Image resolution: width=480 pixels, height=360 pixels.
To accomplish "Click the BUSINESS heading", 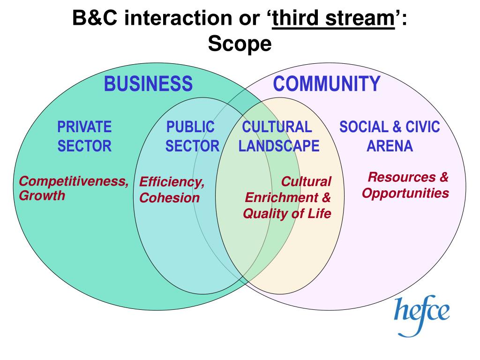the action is coord(148,84).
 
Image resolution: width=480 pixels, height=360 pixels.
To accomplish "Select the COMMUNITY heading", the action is coord(326,84).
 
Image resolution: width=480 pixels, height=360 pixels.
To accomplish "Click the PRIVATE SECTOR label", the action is coord(84,136).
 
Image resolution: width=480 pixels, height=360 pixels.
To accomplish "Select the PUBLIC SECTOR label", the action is coord(192,136).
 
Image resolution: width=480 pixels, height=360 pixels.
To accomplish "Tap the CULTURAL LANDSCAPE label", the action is coord(278,136).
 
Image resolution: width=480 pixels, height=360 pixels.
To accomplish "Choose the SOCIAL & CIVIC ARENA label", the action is coord(390,136).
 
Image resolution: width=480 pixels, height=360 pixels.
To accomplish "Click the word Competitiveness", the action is coord(74,181).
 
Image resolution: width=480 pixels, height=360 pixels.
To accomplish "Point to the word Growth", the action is coord(42,195).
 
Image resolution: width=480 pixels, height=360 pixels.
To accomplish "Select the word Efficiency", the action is coord(172,182).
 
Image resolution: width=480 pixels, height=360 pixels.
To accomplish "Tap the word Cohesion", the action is coord(169,198).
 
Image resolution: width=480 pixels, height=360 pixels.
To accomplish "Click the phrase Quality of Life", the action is coord(287,214).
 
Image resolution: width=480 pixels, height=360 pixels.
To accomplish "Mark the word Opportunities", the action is coord(405,193).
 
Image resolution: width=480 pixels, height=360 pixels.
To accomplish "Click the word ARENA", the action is coord(390,146).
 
